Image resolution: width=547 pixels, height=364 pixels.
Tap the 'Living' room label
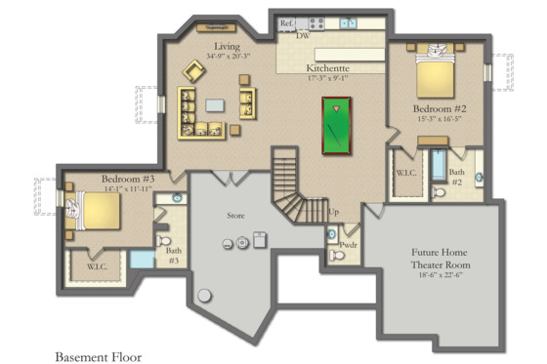(228, 46)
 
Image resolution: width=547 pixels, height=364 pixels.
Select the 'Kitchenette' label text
(328, 68)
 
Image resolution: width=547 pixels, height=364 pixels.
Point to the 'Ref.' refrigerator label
(286, 22)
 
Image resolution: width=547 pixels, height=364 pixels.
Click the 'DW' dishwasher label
(303, 35)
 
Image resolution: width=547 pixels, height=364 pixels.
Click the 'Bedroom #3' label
(128, 180)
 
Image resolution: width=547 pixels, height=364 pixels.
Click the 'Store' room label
(236, 215)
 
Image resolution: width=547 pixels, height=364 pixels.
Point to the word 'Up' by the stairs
(334, 212)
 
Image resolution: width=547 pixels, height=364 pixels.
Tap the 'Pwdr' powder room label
(349, 232)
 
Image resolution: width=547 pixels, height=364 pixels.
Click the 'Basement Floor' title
(98, 357)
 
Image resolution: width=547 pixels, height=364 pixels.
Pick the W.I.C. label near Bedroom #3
(96, 264)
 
